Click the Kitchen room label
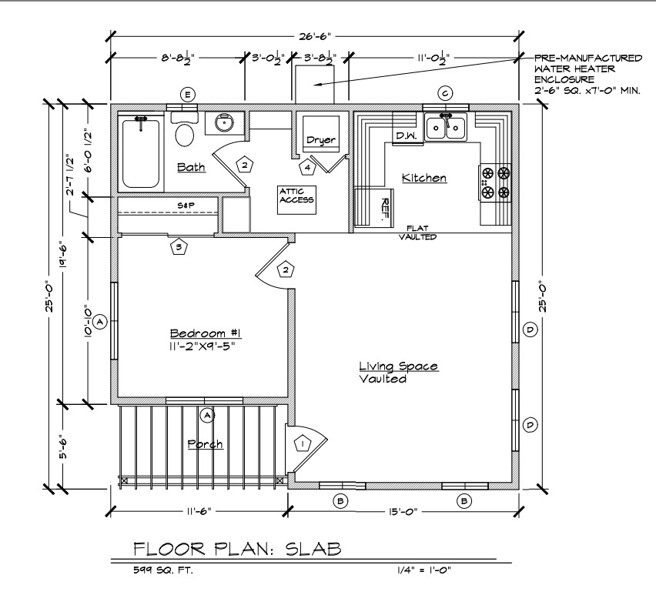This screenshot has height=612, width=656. tap(423, 178)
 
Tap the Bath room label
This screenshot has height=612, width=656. tap(191, 167)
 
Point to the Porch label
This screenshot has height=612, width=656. tap(205, 444)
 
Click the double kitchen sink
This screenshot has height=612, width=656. tap(446, 126)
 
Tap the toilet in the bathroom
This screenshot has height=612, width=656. tap(185, 129)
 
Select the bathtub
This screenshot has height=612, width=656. tap(141, 152)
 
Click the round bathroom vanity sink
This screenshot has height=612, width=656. tap(225, 122)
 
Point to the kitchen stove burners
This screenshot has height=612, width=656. tap(495, 182)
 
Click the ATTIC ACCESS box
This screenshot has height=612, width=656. tap(296, 200)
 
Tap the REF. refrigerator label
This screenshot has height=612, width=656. tap(384, 209)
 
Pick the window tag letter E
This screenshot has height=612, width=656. tap(187, 95)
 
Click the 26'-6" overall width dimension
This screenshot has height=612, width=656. tap(315, 36)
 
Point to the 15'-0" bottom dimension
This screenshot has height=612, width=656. tap(403, 512)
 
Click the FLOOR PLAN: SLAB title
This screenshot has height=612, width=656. tap(237, 549)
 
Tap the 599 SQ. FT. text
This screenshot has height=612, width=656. tap(163, 570)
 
